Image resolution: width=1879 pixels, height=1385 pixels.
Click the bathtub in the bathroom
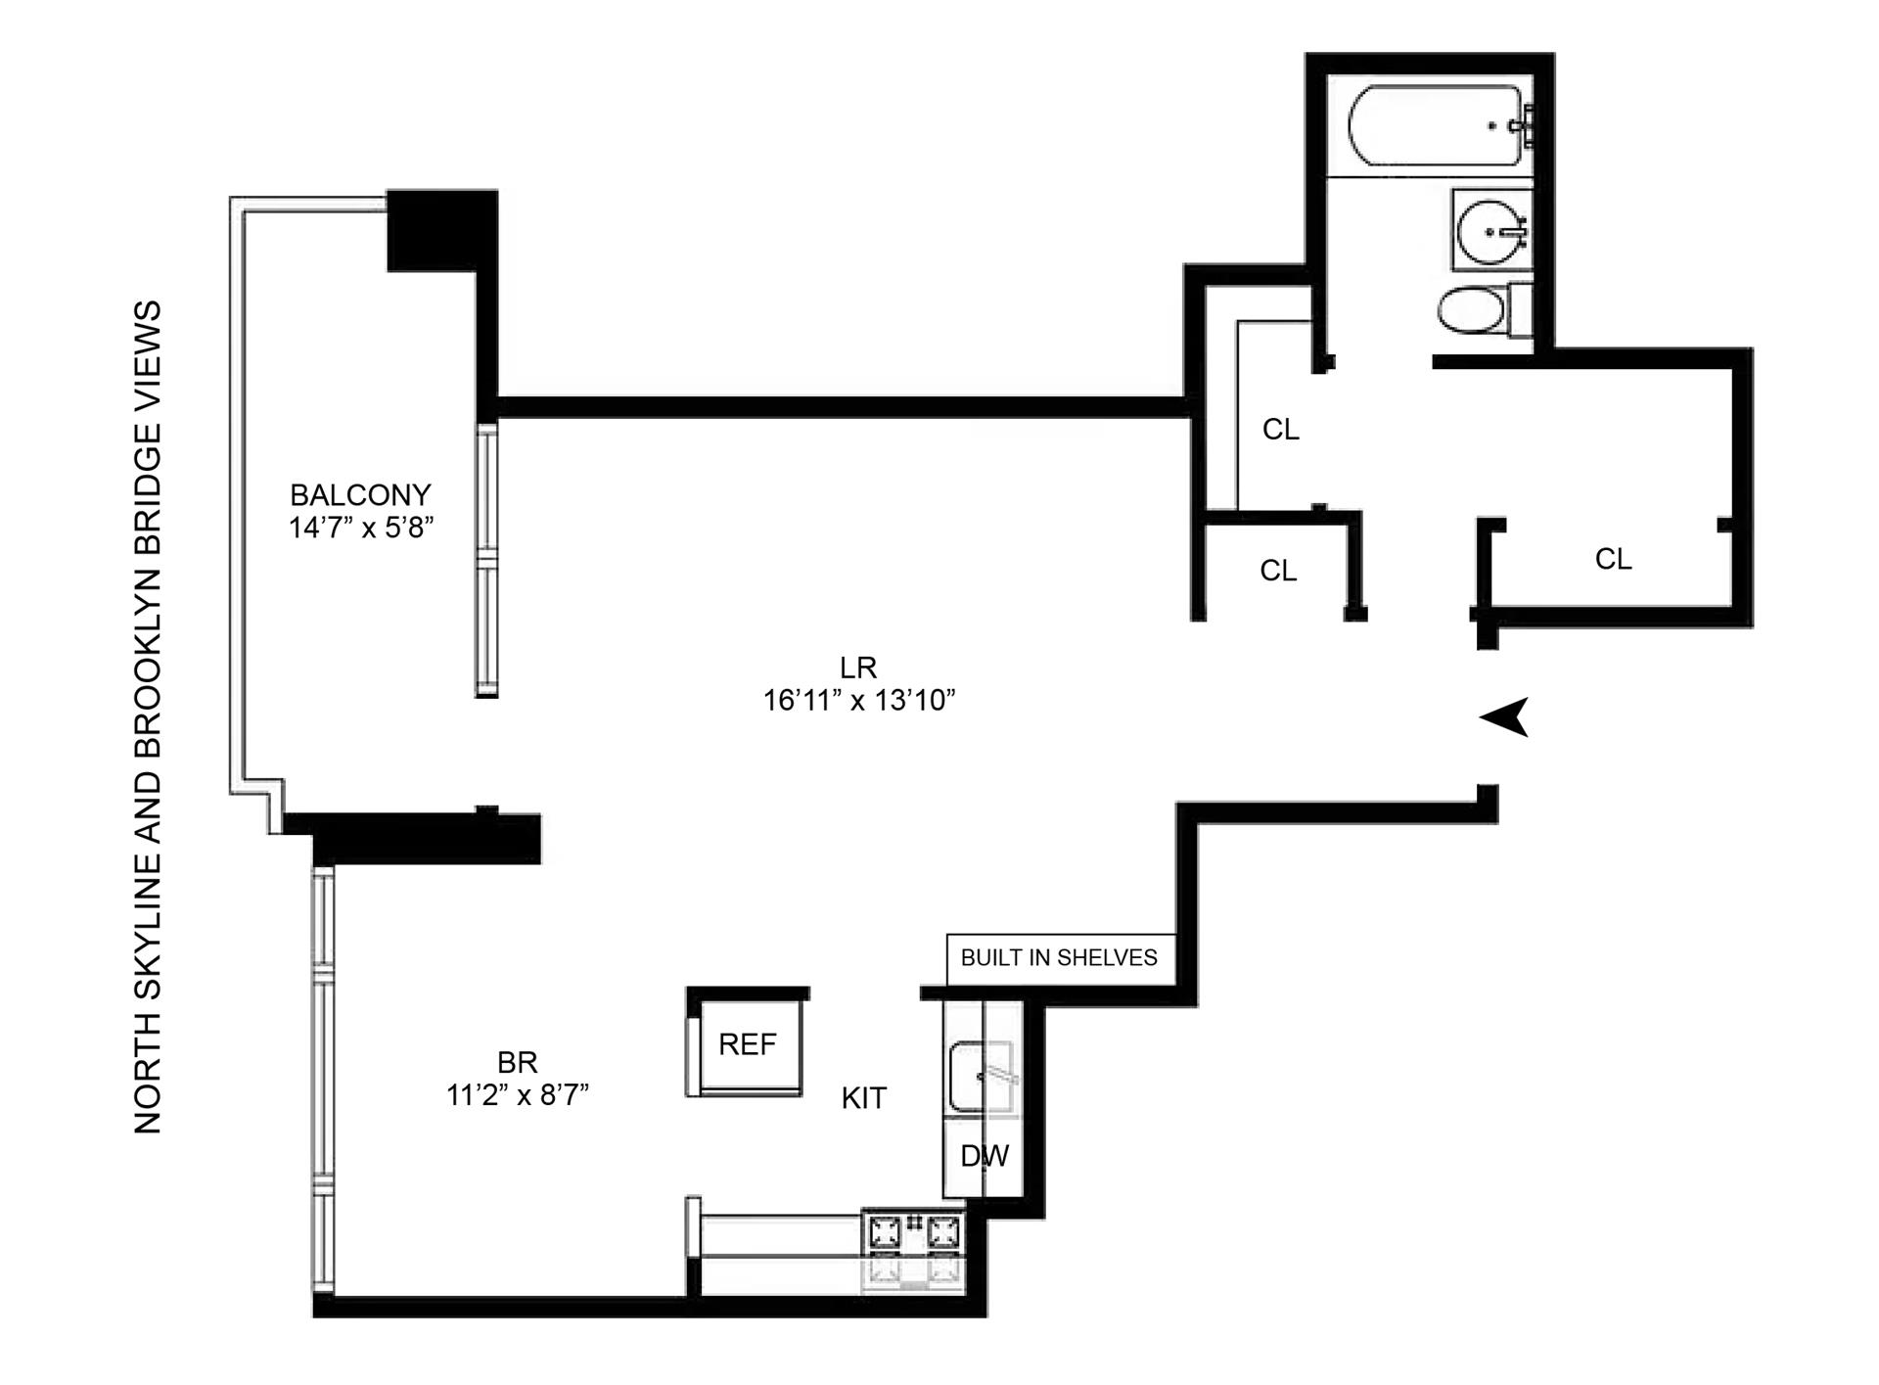[1434, 126]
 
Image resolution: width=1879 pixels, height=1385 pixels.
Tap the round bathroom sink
[1490, 232]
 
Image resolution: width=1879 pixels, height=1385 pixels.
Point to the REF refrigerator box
[746, 1044]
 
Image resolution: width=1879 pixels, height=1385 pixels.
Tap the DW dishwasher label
[984, 1156]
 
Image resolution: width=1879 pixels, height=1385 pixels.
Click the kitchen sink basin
[982, 1078]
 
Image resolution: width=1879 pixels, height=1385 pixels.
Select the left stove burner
[886, 1231]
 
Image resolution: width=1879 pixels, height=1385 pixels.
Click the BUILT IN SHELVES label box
[1059, 957]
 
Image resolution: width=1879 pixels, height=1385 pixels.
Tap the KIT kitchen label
[863, 1098]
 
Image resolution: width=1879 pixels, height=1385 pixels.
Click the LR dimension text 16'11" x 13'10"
[858, 701]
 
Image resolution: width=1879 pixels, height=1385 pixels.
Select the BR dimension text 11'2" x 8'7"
[517, 1095]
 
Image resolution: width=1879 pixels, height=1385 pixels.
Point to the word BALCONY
[360, 494]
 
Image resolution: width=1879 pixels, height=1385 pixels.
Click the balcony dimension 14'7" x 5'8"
[360, 529]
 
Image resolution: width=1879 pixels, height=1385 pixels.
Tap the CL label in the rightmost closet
[1613, 559]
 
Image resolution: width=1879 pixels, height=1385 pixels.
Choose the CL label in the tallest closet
[1280, 430]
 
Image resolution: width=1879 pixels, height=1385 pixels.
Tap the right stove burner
[942, 1231]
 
